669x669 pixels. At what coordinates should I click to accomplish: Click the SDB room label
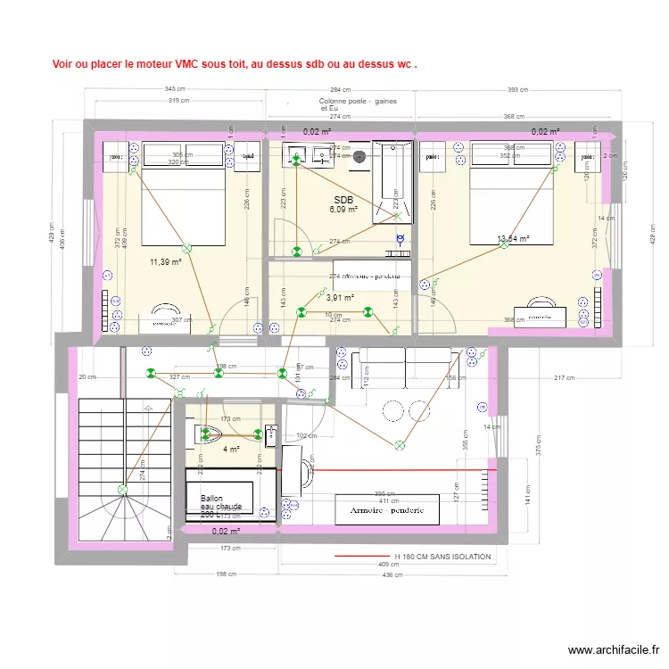click(x=343, y=200)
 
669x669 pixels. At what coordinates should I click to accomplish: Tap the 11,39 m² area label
click(x=166, y=262)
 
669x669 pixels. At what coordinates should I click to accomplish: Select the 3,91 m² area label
click(x=340, y=299)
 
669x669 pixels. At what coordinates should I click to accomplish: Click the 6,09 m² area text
click(x=343, y=210)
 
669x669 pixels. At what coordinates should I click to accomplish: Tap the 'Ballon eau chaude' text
click(x=220, y=506)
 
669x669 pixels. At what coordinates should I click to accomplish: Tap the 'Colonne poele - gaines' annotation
click(x=357, y=102)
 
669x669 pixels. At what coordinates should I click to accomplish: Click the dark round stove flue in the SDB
click(x=359, y=157)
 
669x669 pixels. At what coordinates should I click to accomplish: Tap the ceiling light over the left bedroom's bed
click(x=186, y=249)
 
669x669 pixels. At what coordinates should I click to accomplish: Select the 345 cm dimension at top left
click(x=175, y=89)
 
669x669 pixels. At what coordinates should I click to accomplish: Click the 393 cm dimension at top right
click(x=517, y=89)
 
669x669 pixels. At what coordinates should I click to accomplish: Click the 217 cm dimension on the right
click(x=565, y=378)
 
